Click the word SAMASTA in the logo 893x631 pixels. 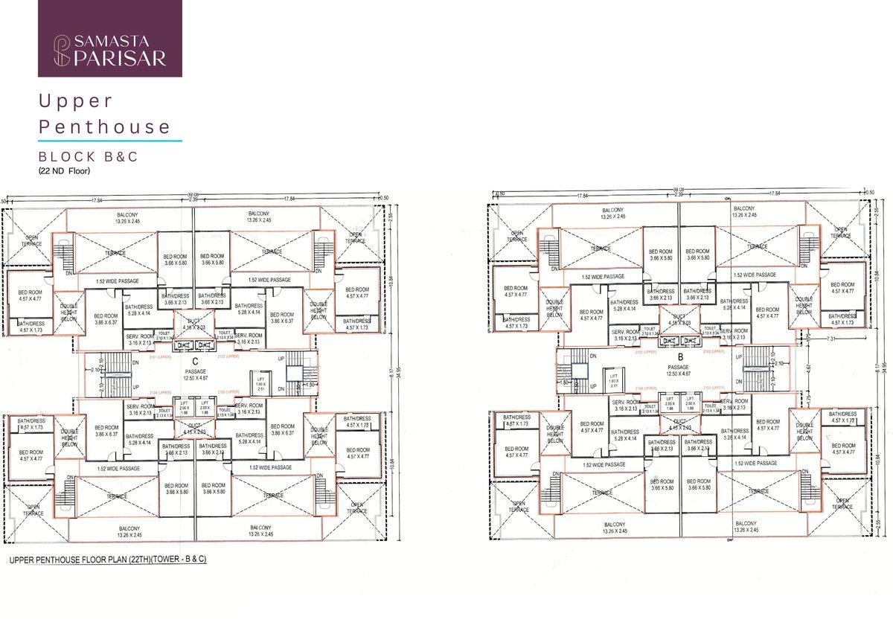click(119, 42)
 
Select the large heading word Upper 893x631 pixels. click(76, 100)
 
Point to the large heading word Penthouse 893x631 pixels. click(105, 126)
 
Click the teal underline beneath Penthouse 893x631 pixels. click(110, 140)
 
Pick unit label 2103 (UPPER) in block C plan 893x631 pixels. click(231, 391)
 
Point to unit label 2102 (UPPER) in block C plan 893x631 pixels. click(230, 356)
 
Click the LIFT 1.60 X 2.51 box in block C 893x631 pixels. click(260, 382)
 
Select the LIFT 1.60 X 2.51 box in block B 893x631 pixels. click(613, 380)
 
